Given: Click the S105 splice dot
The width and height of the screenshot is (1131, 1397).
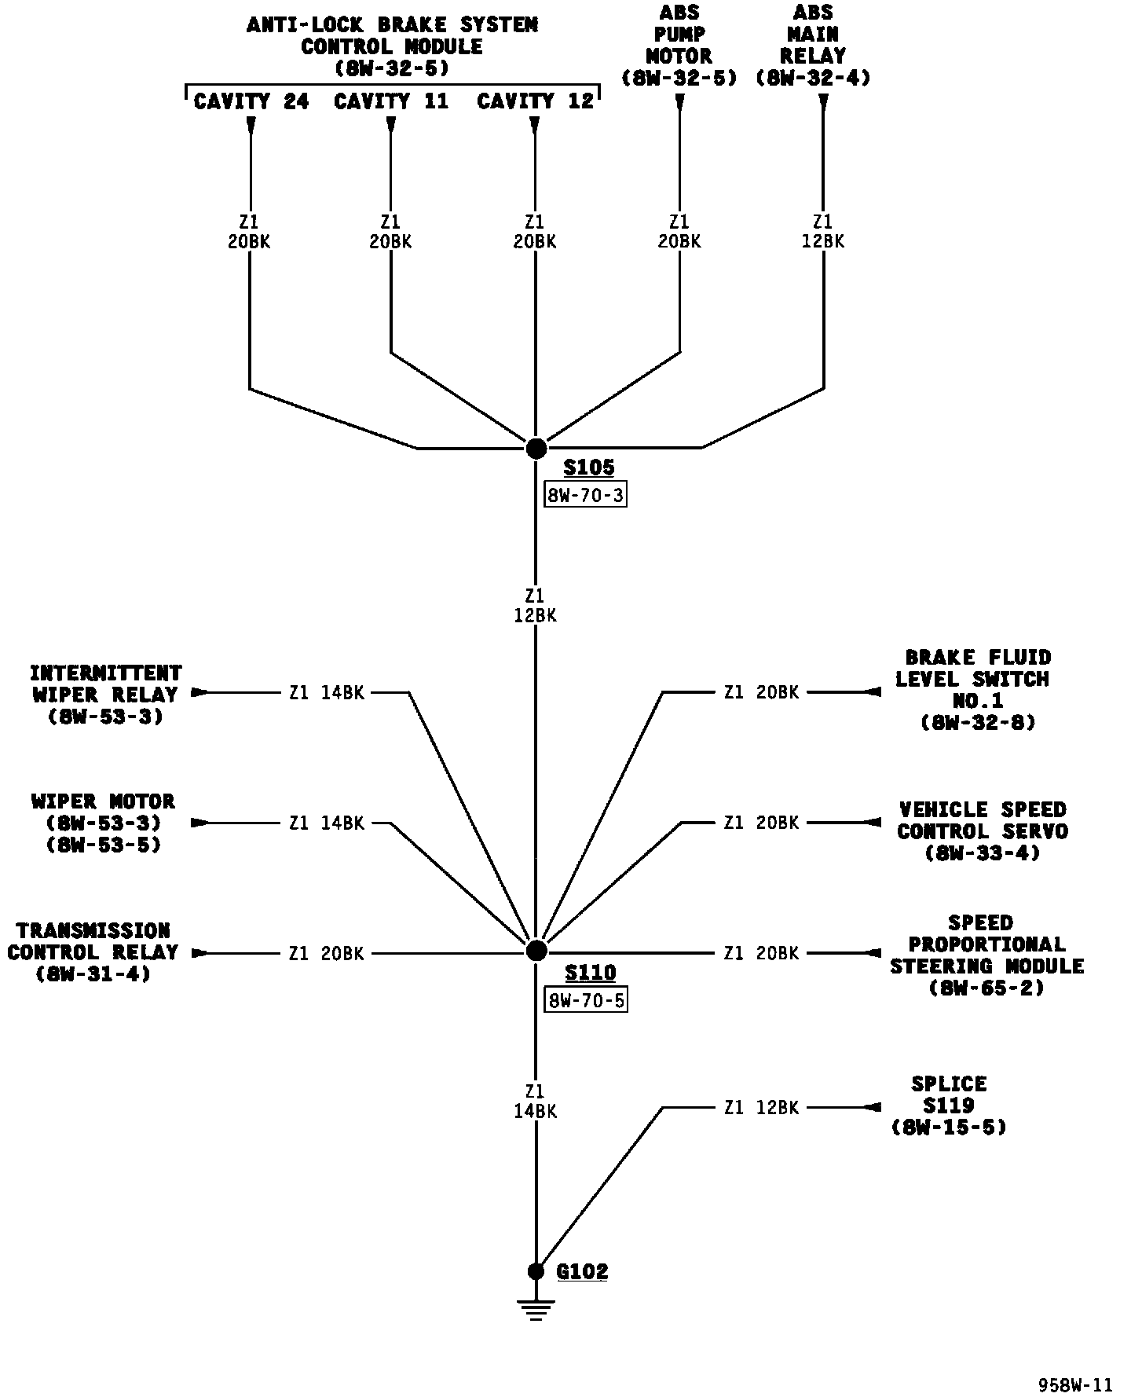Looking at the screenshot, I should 536,449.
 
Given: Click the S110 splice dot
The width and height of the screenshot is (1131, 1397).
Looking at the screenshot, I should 536,951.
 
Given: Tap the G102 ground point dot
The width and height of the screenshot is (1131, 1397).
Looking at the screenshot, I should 536,1271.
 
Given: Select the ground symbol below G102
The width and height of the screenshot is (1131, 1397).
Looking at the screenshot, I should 536,1309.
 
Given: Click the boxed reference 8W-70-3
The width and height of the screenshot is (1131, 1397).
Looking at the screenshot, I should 585,495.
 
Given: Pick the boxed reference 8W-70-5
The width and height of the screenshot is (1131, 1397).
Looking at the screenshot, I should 585,1000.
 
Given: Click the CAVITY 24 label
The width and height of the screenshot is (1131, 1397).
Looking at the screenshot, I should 251,101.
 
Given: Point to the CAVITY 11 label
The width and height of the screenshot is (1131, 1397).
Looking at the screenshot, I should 391,101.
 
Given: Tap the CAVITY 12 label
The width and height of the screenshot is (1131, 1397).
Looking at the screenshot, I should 535,101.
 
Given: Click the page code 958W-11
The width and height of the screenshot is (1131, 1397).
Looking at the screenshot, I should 1075,1385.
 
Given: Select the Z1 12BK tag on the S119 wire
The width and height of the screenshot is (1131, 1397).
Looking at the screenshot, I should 761,1107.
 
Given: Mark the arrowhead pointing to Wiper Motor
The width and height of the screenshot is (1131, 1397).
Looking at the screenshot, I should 199,823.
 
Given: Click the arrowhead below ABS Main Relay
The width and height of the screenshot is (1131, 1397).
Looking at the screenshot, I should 823,101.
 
